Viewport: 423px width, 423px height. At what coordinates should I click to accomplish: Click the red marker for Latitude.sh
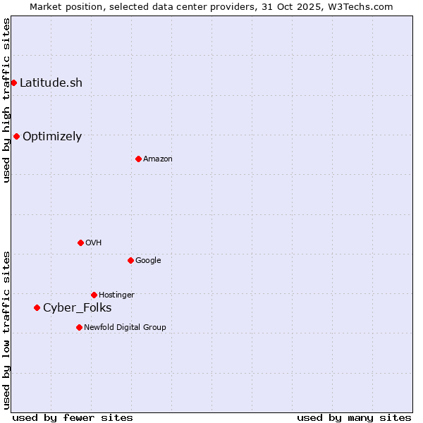(13, 82)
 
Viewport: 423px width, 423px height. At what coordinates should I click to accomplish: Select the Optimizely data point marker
(16, 136)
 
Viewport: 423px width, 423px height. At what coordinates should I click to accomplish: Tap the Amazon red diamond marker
(138, 159)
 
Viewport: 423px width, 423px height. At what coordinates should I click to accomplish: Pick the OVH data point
(80, 243)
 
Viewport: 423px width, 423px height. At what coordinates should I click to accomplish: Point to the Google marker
(130, 260)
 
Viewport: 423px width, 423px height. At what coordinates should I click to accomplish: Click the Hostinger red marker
(94, 295)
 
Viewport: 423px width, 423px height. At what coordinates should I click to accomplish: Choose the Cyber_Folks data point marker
(37, 307)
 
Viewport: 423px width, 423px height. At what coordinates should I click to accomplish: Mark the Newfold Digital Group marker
(79, 327)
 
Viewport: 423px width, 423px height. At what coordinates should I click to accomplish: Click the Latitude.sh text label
(51, 82)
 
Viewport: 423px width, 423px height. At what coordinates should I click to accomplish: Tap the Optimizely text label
(52, 136)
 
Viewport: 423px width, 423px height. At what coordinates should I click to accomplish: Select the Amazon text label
(158, 159)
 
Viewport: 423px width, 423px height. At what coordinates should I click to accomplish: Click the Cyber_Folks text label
(77, 307)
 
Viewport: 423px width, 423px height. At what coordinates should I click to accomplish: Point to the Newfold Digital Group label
(125, 327)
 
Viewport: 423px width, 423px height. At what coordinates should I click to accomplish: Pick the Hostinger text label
(116, 295)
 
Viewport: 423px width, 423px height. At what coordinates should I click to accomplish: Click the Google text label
(148, 260)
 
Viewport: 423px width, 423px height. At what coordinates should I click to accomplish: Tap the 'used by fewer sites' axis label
(73, 417)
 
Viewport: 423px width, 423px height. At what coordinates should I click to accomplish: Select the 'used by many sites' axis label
(354, 417)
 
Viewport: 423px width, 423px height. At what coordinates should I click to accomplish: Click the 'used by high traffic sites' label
(6, 100)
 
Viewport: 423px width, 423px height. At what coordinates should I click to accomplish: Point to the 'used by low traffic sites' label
(6, 330)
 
